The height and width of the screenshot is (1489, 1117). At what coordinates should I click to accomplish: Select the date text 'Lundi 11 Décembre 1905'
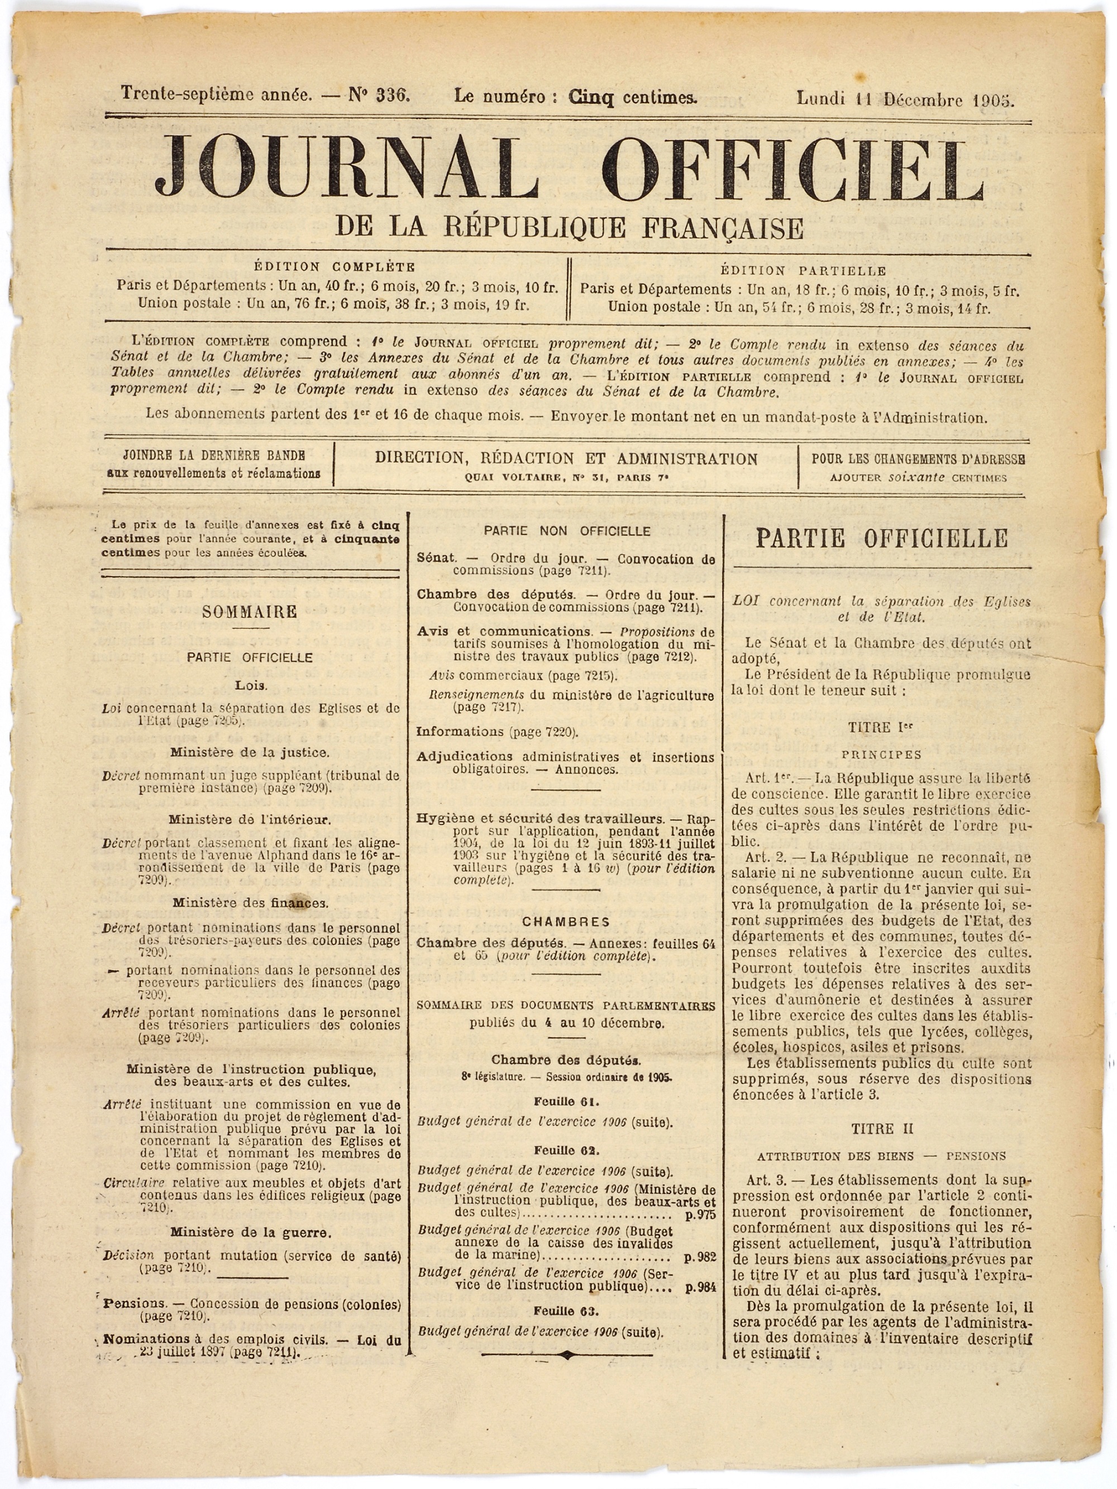click(x=905, y=99)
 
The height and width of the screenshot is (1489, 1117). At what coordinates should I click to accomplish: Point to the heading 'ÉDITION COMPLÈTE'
click(x=335, y=266)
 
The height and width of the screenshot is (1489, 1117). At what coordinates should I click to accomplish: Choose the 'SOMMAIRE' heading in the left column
click(x=250, y=612)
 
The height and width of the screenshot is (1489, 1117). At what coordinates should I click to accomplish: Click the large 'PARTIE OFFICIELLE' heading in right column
click(x=881, y=538)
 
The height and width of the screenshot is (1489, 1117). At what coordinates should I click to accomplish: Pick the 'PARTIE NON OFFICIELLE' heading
click(x=567, y=531)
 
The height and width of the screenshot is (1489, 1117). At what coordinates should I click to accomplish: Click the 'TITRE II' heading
click(x=881, y=1129)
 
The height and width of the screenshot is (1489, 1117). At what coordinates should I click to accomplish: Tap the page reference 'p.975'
click(x=700, y=1215)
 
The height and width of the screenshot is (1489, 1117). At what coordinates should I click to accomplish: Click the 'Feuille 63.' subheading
click(x=566, y=1311)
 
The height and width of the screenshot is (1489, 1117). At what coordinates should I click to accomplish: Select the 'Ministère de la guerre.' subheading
click(x=250, y=1233)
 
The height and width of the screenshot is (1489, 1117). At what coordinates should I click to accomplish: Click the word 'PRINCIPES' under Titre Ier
click(x=881, y=755)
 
